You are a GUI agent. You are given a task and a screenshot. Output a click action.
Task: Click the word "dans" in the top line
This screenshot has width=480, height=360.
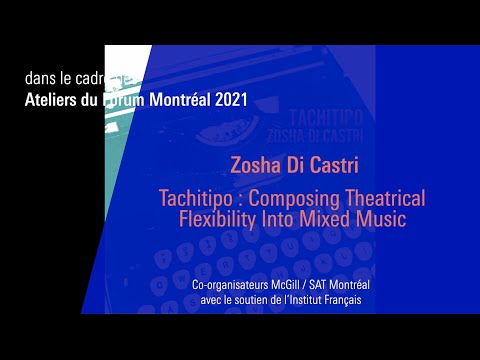coord(42,78)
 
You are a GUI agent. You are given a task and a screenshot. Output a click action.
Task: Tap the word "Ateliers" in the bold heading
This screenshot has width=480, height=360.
coord(54,100)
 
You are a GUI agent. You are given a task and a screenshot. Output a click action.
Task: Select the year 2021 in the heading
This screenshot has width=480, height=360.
coord(227,100)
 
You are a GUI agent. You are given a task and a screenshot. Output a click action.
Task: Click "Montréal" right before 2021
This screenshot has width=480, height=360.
coord(176,100)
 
